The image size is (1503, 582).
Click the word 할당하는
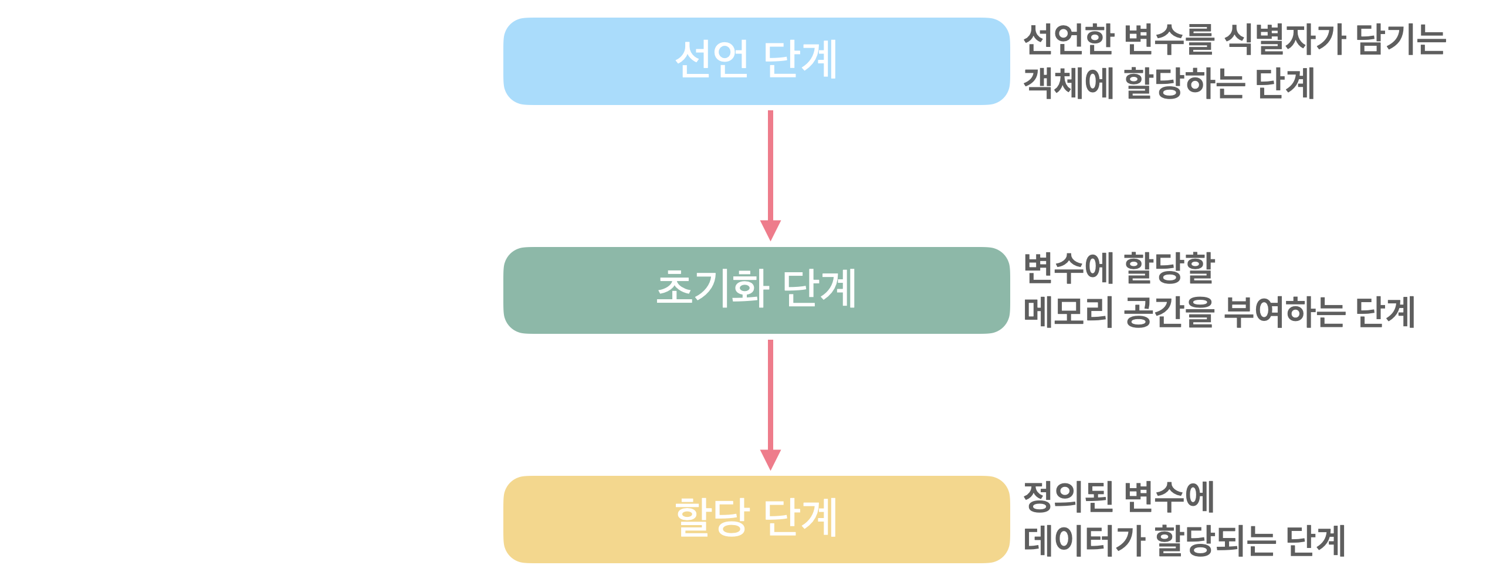tap(1184, 83)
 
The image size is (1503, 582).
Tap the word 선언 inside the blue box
tap(712, 59)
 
